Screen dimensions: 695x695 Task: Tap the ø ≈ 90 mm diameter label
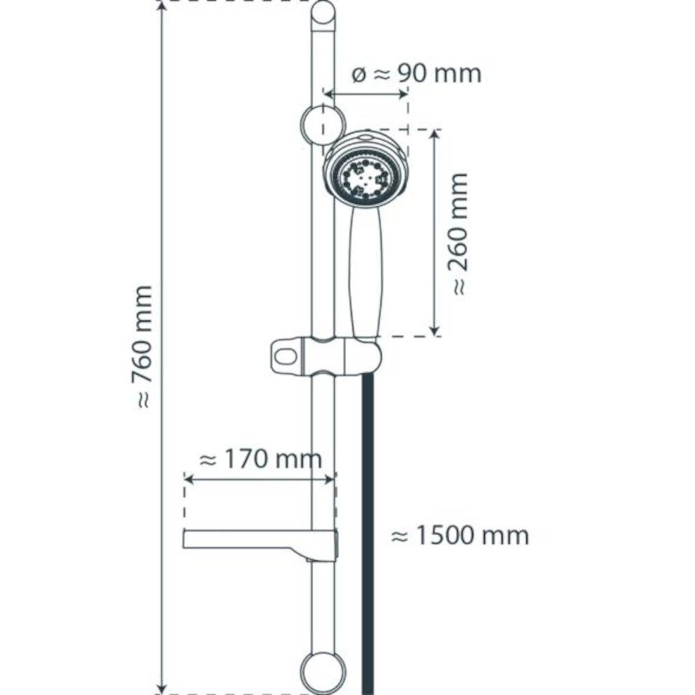click(415, 73)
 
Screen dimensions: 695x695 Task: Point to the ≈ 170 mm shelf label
click(261, 460)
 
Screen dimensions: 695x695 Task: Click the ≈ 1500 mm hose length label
click(459, 536)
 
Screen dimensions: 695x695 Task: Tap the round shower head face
click(363, 177)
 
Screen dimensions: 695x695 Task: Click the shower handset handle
click(365, 273)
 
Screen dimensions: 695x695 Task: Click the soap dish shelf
click(252, 539)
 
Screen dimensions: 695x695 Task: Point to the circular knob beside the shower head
click(322, 125)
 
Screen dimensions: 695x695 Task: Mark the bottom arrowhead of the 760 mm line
click(163, 688)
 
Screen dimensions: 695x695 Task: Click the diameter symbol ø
click(359, 74)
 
